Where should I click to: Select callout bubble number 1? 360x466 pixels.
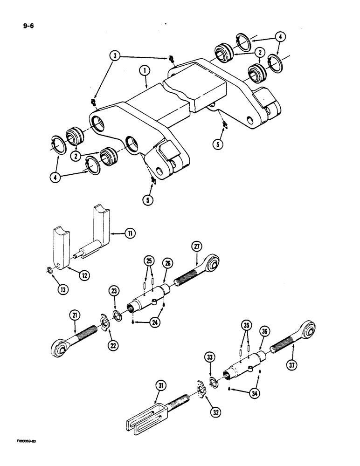coord(145,70)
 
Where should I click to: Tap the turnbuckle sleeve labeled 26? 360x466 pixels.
coord(150,296)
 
